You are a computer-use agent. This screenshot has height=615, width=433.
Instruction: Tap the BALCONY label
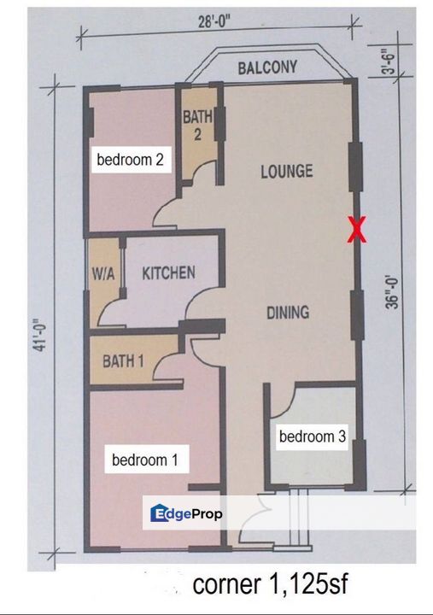(x=267, y=67)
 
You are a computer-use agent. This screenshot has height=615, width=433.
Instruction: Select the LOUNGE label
(x=286, y=171)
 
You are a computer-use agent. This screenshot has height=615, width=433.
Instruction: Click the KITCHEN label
(x=168, y=273)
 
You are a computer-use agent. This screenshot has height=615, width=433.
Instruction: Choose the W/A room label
(x=103, y=274)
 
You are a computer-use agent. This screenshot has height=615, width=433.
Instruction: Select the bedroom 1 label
(x=145, y=460)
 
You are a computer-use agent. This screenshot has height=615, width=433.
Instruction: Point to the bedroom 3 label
(x=313, y=436)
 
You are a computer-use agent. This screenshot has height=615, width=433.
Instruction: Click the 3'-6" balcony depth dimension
(x=388, y=61)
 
